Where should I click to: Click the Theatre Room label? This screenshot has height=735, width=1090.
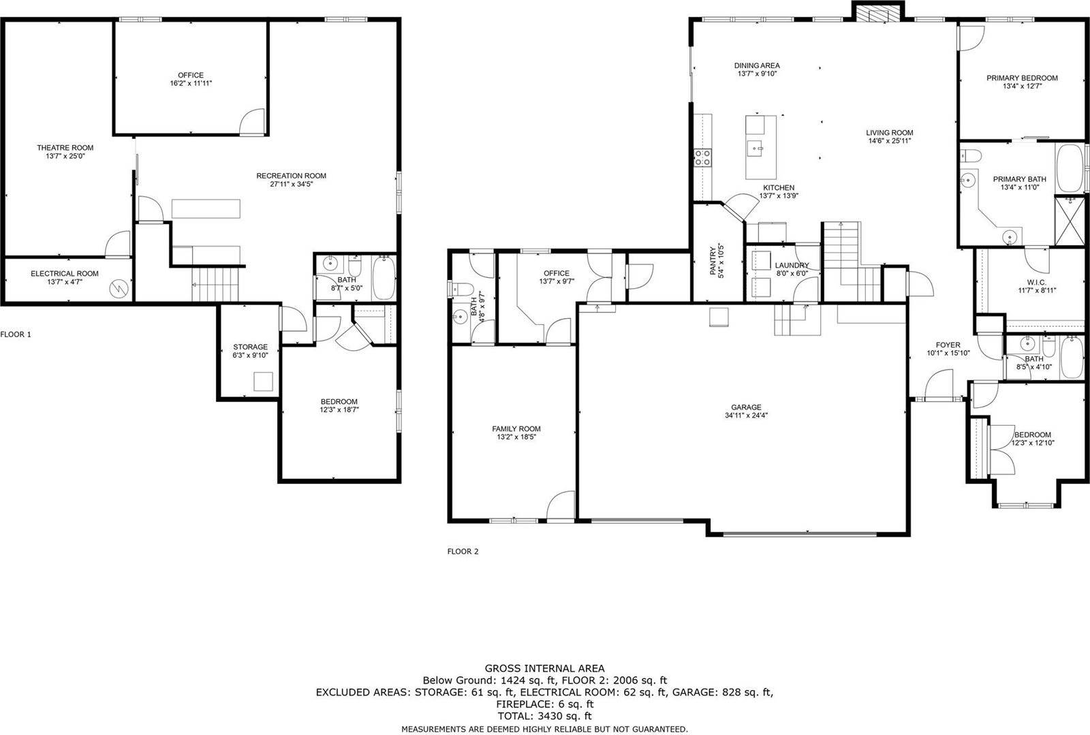click(65, 147)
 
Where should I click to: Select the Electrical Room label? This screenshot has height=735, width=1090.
click(64, 273)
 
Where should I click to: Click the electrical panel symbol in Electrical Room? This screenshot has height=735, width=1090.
click(119, 288)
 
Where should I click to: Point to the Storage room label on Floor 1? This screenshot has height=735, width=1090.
click(250, 347)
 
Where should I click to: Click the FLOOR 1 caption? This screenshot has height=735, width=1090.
click(16, 334)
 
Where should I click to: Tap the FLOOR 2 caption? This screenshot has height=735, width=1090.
click(463, 551)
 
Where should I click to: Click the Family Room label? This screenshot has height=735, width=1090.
click(516, 428)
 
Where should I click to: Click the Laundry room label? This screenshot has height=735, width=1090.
click(791, 265)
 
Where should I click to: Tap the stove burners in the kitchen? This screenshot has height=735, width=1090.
click(702, 158)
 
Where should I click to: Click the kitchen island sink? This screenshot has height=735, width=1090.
click(757, 146)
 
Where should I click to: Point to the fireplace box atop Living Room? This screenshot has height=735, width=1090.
click(877, 12)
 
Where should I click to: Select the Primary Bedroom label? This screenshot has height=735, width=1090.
click(1021, 78)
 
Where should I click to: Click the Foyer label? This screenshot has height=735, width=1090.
click(948, 345)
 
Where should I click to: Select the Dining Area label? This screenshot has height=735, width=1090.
click(756, 65)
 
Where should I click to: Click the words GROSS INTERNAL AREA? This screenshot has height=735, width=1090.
click(544, 668)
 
